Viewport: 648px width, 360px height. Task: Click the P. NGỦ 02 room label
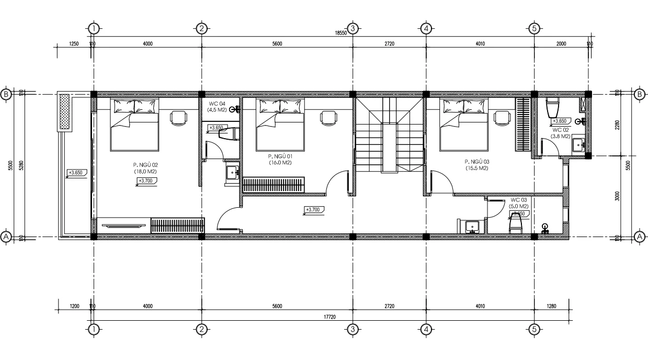click(x=146, y=167)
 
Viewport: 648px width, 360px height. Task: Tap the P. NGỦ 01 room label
click(x=279, y=159)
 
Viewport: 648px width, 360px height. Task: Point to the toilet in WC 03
click(x=516, y=225)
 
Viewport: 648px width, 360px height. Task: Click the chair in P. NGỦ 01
click(x=328, y=118)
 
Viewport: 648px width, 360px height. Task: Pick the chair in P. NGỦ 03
click(x=502, y=118)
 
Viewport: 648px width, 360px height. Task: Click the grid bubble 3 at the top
click(x=353, y=28)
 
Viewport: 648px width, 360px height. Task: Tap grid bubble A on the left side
click(x=6, y=237)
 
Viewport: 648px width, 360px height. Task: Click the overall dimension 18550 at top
click(x=340, y=33)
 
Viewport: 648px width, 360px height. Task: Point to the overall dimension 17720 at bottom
click(x=329, y=316)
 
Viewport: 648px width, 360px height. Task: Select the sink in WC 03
click(x=473, y=227)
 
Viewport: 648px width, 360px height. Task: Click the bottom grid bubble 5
click(x=534, y=329)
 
